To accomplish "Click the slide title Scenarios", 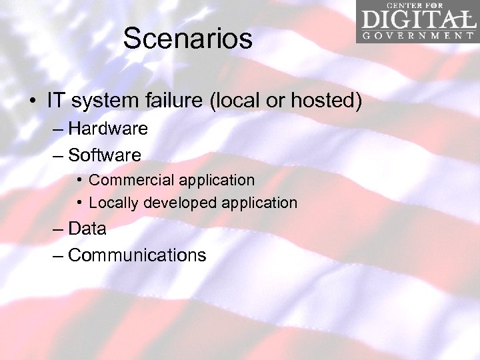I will pyautogui.click(x=188, y=39).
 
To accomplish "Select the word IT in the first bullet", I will pyautogui.click(x=56, y=101).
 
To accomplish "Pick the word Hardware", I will pyautogui.click(x=108, y=128).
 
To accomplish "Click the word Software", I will pyautogui.click(x=105, y=155).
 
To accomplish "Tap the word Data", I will pyautogui.click(x=87, y=229).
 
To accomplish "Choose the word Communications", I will pyautogui.click(x=137, y=255).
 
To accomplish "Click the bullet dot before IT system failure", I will pyautogui.click(x=32, y=102).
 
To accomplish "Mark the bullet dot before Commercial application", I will pyautogui.click(x=79, y=180).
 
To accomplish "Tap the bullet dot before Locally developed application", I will pyautogui.click(x=79, y=202).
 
